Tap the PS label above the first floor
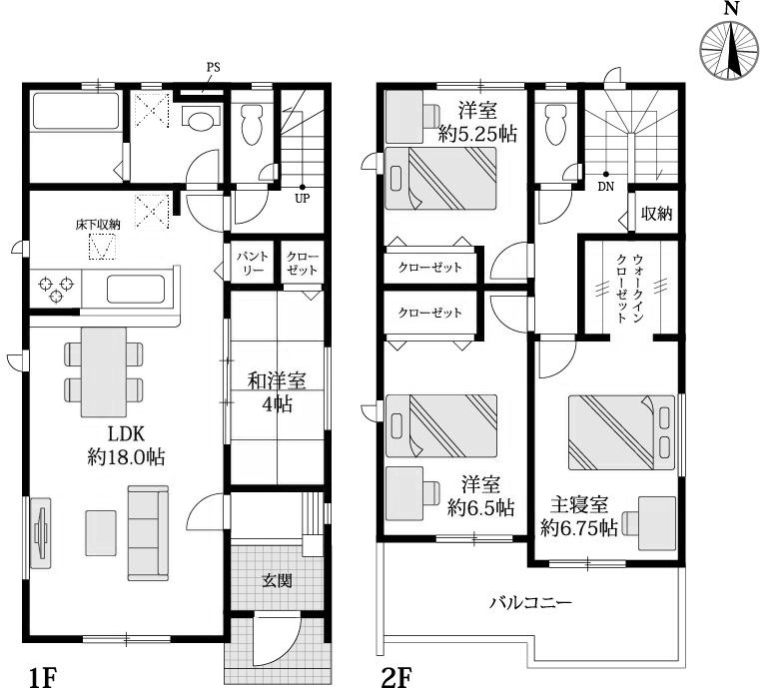[x=214, y=67]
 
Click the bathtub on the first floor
[x=75, y=111]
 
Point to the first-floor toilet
[x=252, y=124]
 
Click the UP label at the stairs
[x=303, y=198]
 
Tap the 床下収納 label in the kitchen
[x=98, y=225]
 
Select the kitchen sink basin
[x=135, y=289]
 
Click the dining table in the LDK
[x=104, y=371]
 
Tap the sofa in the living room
[x=148, y=533]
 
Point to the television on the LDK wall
[x=40, y=532]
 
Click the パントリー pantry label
[x=253, y=263]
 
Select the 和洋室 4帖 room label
[x=277, y=392]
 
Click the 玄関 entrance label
[x=277, y=580]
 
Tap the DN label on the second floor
[x=606, y=187]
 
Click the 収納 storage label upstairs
[x=657, y=213]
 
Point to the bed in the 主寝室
[x=621, y=432]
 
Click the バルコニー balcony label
[x=530, y=603]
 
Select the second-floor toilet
[x=555, y=124]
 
